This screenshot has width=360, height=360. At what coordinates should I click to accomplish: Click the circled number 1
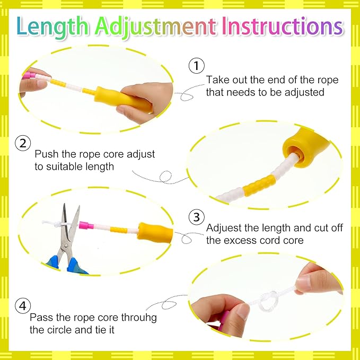point(197,66)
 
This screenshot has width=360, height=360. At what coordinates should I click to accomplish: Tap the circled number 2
point(23,143)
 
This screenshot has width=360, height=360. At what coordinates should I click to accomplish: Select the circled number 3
point(197,217)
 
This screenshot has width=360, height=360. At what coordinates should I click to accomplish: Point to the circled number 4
point(23,305)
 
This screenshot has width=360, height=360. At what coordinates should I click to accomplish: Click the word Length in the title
point(52,27)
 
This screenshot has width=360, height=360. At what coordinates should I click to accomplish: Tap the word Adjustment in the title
point(155,28)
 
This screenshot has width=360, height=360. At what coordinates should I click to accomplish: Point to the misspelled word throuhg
point(139,318)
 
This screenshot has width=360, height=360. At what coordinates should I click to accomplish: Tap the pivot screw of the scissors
point(66,246)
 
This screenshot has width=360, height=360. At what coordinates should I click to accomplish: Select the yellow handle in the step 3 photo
point(155,232)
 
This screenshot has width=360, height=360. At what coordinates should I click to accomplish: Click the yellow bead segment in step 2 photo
point(259,185)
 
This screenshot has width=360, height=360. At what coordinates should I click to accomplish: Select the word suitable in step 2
point(63,166)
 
